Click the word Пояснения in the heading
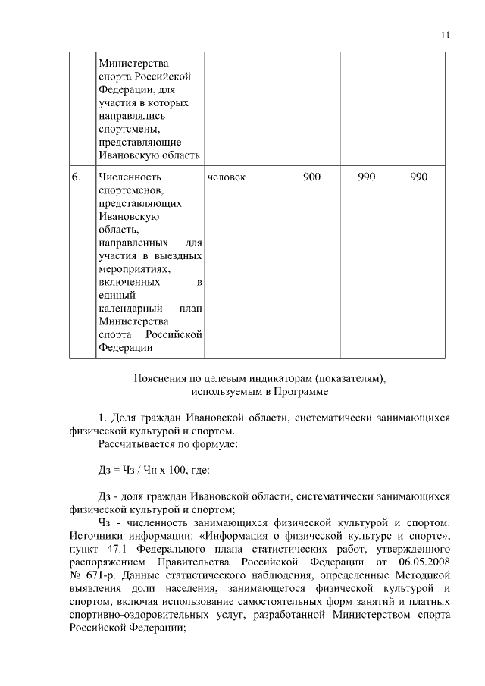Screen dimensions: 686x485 [158, 377]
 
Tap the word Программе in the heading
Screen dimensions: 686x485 [305, 391]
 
